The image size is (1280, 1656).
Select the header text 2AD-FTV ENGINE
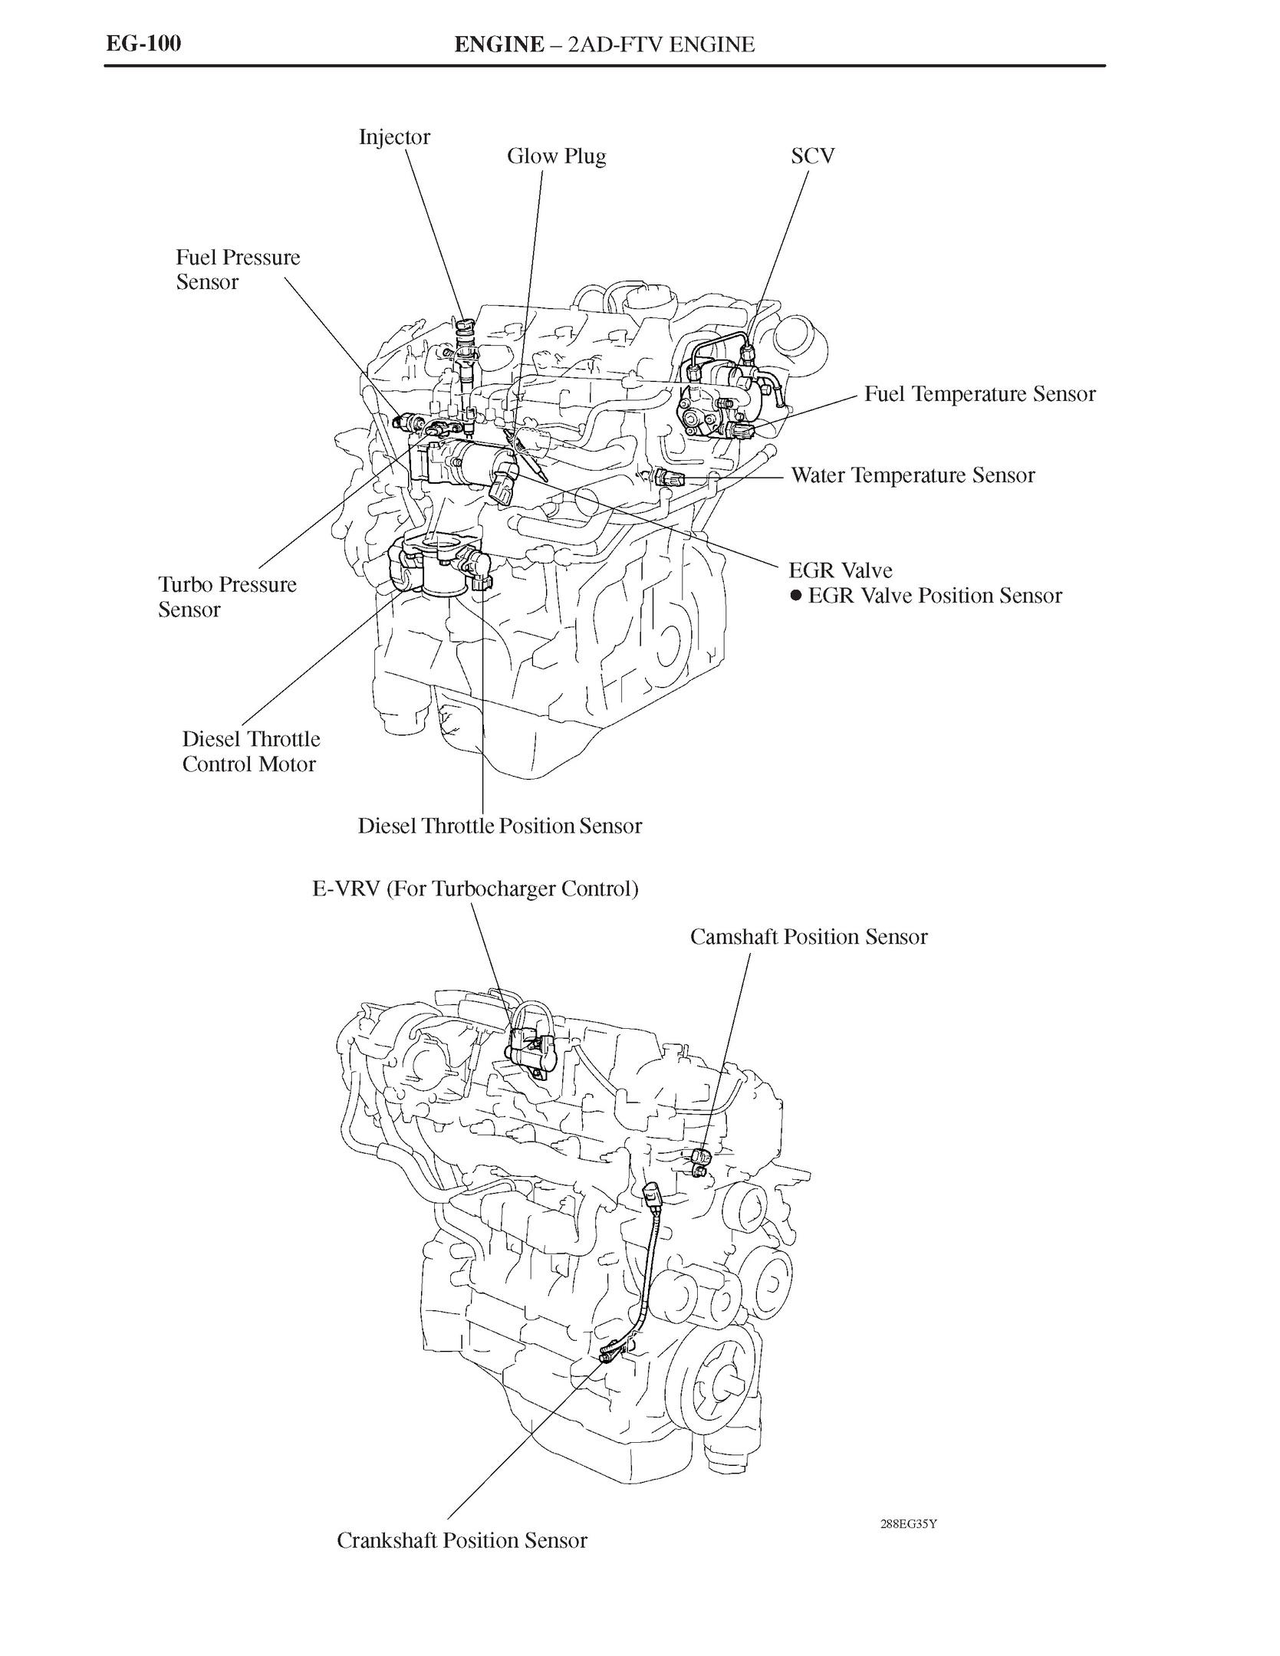coord(660,44)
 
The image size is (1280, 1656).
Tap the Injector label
coord(394,137)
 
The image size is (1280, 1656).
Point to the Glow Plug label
coord(556,156)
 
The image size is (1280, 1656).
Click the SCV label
coord(812,156)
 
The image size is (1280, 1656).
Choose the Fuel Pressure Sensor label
coord(237,269)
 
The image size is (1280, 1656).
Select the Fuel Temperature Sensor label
coord(979,394)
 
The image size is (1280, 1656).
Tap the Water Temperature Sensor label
coord(912,475)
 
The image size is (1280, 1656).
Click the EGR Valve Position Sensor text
coord(935,596)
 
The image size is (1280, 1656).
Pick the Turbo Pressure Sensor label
coord(227,596)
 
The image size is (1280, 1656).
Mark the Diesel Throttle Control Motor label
coord(251,751)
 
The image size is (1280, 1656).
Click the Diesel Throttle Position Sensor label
coord(499,826)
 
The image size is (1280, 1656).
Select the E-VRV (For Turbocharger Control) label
coord(475,889)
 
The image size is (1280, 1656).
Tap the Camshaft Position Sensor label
coord(808,937)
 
